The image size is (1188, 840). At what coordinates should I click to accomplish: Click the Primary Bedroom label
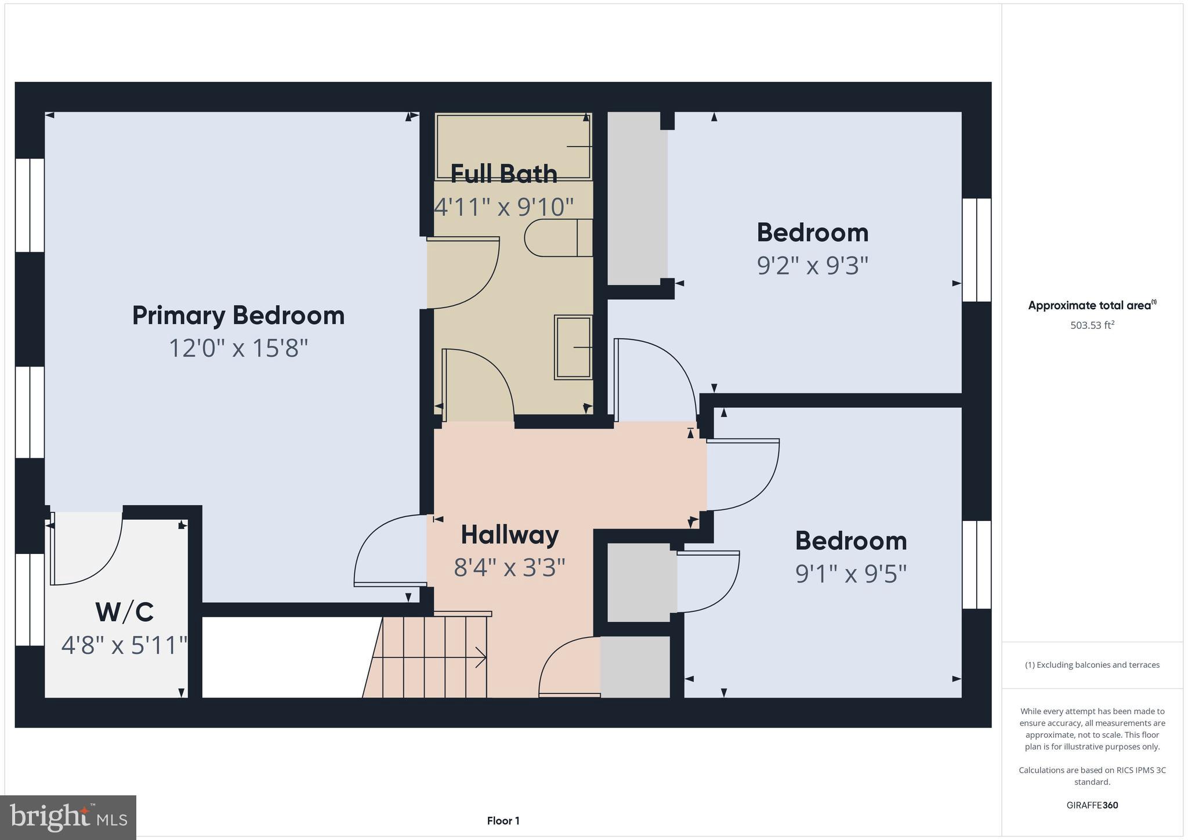(238, 316)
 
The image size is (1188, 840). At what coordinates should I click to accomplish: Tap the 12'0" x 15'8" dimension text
(238, 349)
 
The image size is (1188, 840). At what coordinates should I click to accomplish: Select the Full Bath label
(504, 173)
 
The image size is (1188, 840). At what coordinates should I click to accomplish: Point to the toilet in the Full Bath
(557, 237)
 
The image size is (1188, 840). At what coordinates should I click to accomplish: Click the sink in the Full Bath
(573, 347)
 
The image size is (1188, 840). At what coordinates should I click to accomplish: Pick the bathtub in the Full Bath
(513, 146)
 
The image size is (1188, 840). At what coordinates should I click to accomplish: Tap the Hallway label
(509, 535)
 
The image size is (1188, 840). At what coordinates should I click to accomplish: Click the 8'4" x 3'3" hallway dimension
(509, 567)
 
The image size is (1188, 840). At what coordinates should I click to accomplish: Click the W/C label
(124, 612)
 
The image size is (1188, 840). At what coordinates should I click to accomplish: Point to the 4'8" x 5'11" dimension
(124, 645)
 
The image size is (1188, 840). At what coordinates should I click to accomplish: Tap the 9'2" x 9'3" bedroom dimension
(812, 266)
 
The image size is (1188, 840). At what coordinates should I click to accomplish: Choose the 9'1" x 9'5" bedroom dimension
(850, 574)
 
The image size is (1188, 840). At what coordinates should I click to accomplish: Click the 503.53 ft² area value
(1092, 325)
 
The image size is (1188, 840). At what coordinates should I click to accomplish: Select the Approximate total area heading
(1091, 305)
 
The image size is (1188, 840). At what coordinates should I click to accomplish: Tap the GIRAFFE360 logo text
(1092, 805)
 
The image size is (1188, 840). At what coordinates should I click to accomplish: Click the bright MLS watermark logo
(68, 817)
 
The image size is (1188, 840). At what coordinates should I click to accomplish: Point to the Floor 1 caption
(503, 821)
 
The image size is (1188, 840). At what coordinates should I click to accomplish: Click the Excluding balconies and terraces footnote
(1092, 665)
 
